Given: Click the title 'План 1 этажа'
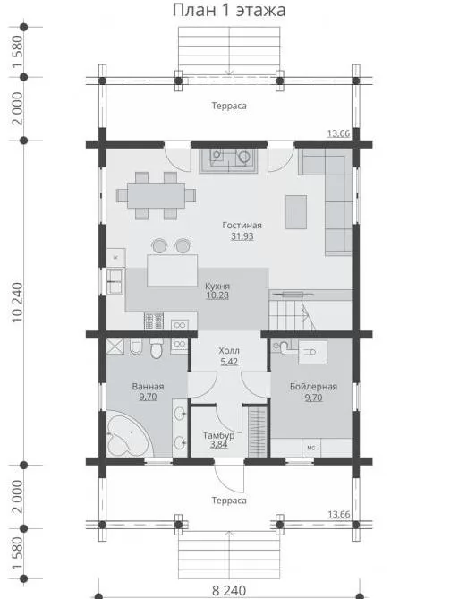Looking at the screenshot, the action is click(x=229, y=11).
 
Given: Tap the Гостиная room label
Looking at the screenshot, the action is click(x=242, y=226).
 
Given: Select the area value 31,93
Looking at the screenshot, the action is click(x=242, y=236).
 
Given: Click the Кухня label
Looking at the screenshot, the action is click(x=217, y=287).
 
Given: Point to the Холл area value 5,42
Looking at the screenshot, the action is click(x=229, y=362).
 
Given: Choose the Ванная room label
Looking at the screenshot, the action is click(x=148, y=387).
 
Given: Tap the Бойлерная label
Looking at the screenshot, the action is click(x=313, y=387).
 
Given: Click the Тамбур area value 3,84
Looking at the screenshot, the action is click(x=219, y=444).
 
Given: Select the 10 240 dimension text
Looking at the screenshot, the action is click(x=18, y=303).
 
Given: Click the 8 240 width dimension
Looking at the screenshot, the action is click(x=229, y=591).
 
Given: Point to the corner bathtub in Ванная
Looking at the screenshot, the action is click(x=130, y=433).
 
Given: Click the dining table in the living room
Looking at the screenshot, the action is click(x=157, y=195).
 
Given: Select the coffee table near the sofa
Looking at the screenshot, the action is click(x=295, y=212).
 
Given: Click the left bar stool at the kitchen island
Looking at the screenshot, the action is click(x=159, y=245).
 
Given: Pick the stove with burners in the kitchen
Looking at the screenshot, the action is click(x=154, y=321).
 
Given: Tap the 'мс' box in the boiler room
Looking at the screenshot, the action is click(x=311, y=448).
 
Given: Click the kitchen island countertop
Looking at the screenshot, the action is click(x=172, y=270).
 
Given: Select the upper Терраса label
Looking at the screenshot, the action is click(x=229, y=106).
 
